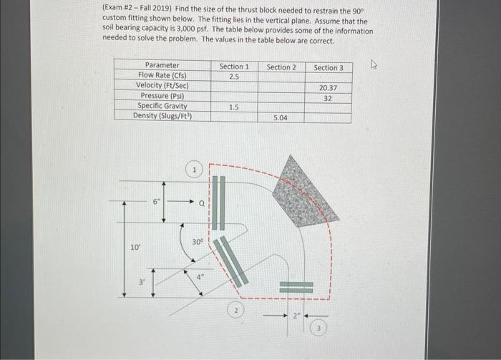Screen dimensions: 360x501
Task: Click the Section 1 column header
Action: (x=234, y=67)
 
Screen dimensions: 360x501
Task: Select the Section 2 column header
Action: (x=281, y=67)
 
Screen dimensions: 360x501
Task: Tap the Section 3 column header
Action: (x=329, y=68)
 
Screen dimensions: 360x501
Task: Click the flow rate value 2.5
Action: (x=234, y=76)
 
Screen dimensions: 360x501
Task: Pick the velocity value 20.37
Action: (x=328, y=87)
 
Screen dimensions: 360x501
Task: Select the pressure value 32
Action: (x=328, y=97)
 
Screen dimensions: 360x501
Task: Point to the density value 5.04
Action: (x=281, y=117)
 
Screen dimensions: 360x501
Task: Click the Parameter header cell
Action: (x=162, y=65)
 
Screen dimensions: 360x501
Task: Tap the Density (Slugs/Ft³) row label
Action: (x=162, y=115)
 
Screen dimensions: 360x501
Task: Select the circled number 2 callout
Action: (x=237, y=311)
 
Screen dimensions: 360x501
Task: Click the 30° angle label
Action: (x=198, y=242)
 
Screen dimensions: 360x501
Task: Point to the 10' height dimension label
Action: (x=135, y=247)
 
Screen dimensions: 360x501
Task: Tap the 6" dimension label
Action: (x=155, y=202)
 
